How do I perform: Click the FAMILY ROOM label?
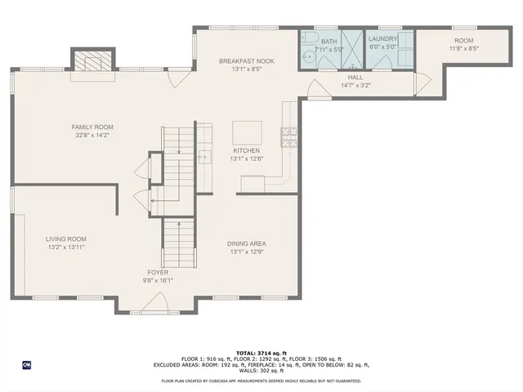[92, 127]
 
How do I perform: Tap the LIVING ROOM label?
[65, 238]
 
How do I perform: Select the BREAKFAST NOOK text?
[246, 61]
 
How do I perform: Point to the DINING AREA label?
[248, 243]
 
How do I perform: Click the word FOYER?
[159, 272]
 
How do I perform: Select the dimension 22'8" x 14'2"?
[92, 136]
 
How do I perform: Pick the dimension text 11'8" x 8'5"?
[463, 49]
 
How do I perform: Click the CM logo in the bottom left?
[26, 364]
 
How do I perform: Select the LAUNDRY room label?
[382, 38]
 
